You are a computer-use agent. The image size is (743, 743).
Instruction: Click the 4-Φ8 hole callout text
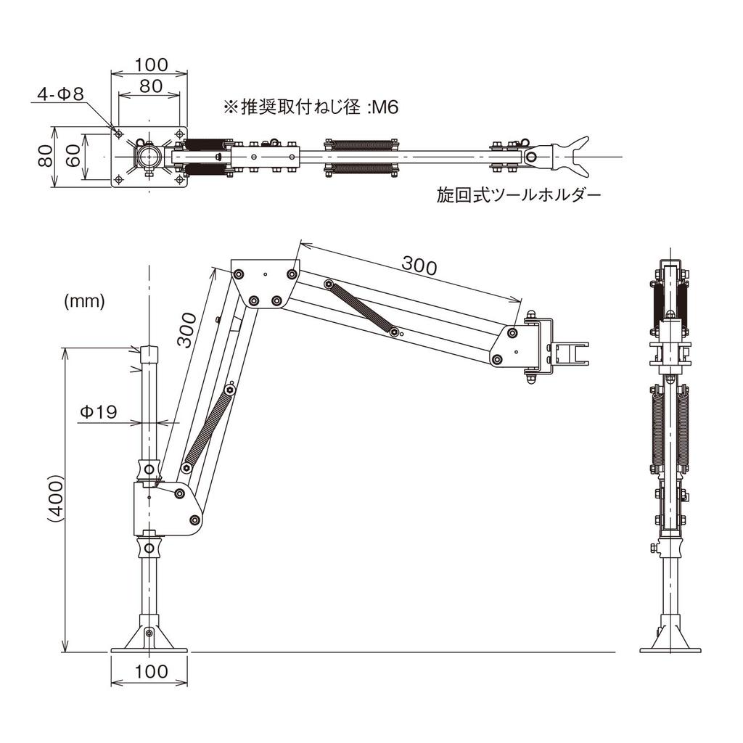60,94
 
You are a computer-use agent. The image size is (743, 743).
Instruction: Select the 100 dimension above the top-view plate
151,65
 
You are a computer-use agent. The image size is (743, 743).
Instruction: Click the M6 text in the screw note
383,107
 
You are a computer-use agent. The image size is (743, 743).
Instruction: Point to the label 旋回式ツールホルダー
519,195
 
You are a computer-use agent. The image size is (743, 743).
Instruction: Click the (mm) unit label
84,300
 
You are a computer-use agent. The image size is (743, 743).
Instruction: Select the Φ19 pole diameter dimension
97,412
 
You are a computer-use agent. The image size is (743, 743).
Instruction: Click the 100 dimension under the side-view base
151,671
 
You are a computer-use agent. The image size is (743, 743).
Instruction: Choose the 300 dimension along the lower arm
186,330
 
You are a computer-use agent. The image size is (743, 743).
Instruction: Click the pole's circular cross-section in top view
149,156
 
